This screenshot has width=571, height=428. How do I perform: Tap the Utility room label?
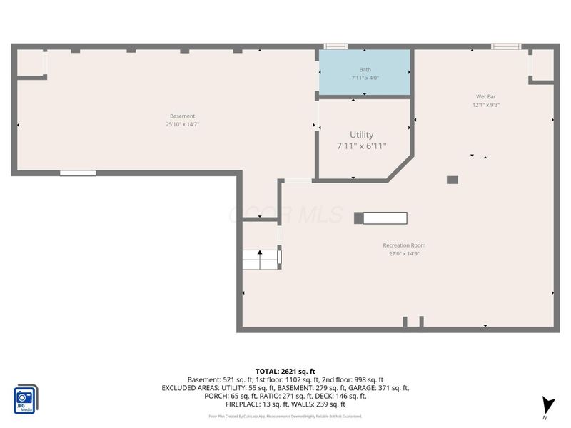[361, 134]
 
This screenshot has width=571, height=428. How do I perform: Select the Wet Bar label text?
[487, 96]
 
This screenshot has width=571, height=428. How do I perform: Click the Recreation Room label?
[408, 245]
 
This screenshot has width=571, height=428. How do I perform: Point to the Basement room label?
[182, 116]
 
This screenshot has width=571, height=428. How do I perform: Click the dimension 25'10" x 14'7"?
[182, 124]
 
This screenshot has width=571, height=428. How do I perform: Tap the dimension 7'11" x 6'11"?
[361, 146]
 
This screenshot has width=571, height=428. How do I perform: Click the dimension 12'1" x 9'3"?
[487, 105]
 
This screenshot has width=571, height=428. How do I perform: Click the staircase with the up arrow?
[261, 260]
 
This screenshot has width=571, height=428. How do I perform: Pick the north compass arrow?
[547, 405]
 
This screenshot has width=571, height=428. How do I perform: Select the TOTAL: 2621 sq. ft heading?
[285, 371]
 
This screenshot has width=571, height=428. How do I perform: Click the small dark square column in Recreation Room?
[452, 180]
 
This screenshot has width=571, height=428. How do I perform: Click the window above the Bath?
[335, 46]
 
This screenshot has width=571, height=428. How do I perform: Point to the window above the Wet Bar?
[505, 46]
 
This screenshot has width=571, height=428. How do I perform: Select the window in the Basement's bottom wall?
[78, 173]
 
